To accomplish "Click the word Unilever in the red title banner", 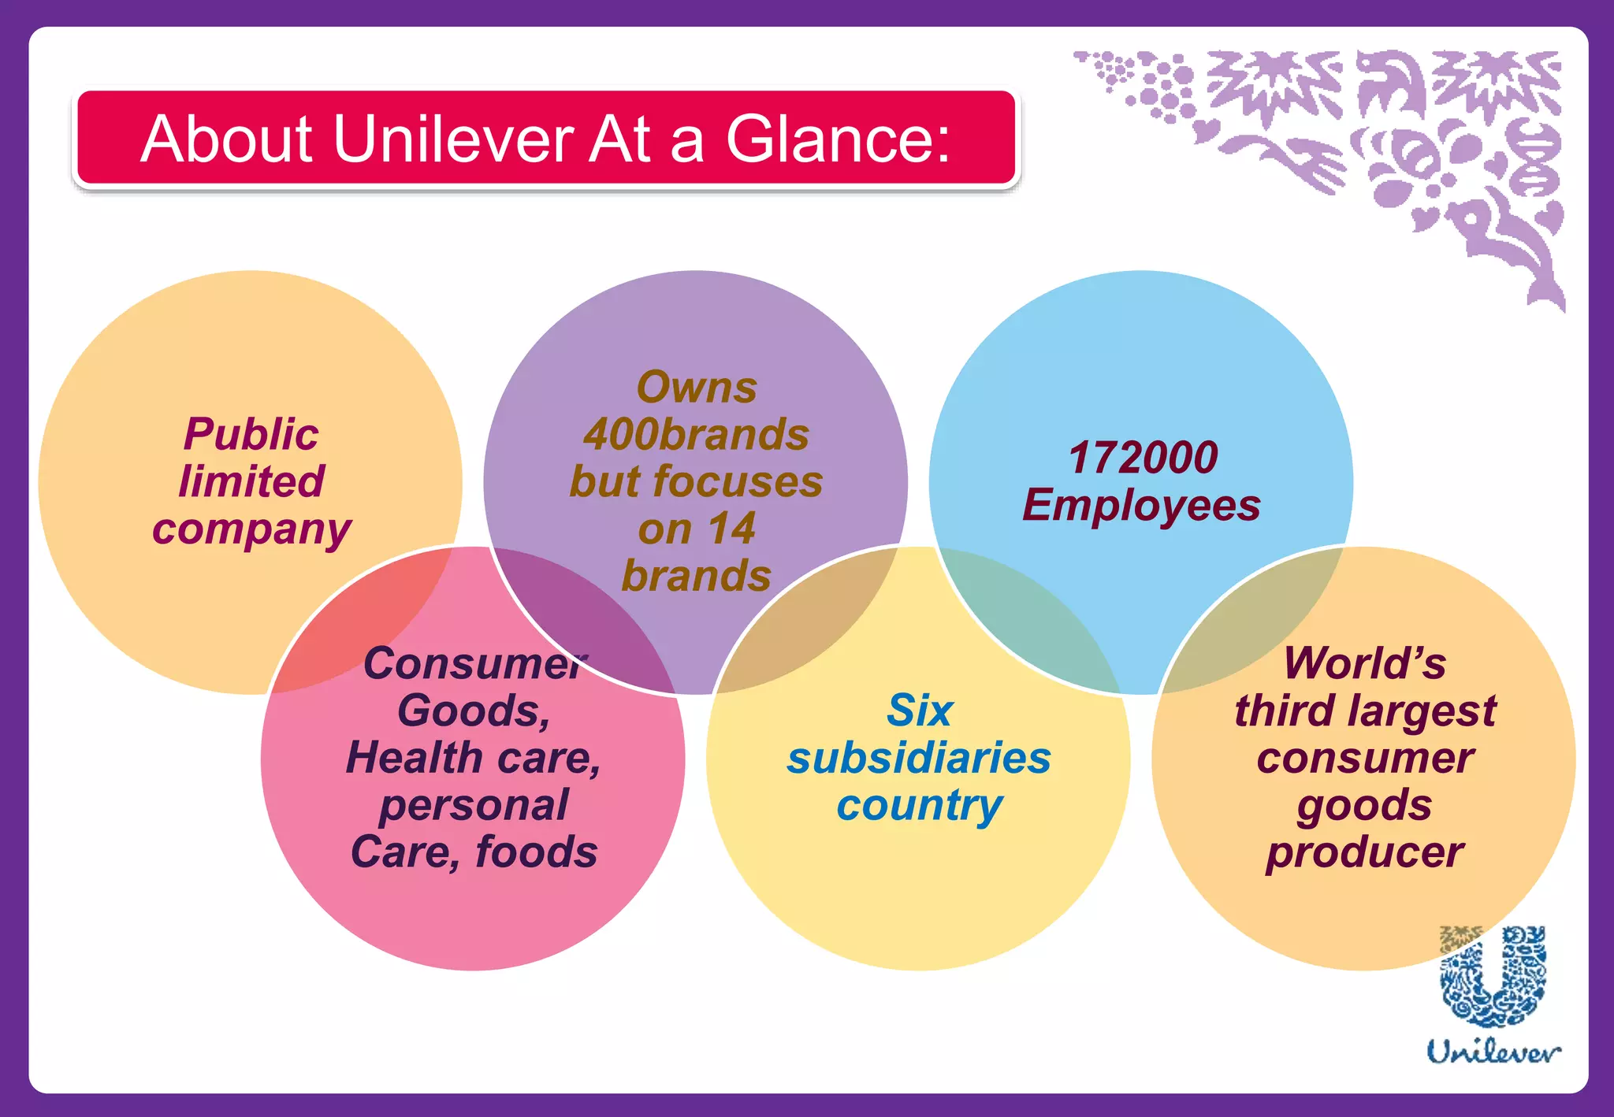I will tap(454, 139).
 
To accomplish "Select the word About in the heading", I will tap(227, 139).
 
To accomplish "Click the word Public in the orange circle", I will tap(251, 434).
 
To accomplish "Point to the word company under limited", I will tap(251, 529).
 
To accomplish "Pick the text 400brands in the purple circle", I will tap(696, 434).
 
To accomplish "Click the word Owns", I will tap(696, 388).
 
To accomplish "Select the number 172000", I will tap(1143, 458).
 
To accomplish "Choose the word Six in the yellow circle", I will tap(919, 711).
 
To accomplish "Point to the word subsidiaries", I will tap(919, 758).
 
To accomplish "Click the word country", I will tap(919, 806).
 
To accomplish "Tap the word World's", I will tap(1364, 663).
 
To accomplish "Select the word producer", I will tap(1364, 852).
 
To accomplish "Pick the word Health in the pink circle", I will tap(415, 758).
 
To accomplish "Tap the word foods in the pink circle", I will tap(537, 852).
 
